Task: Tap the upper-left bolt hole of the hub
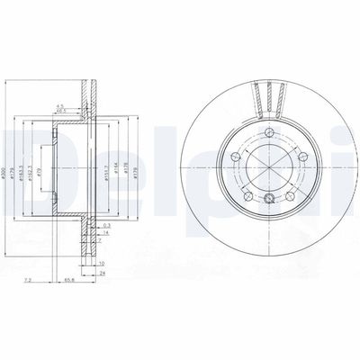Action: [237, 158]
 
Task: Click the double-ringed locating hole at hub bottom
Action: [269, 198]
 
